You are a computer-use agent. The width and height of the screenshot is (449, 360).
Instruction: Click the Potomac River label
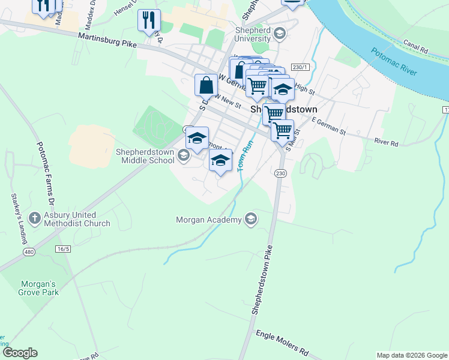[394, 62]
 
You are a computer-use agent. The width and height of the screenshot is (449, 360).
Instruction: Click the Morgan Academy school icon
[251, 220]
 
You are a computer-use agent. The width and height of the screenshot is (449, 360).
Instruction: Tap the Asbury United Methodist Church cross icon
[35, 219]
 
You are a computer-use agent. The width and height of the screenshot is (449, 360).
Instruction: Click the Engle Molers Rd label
[282, 343]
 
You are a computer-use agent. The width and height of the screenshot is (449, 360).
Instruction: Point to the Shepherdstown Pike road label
[264, 280]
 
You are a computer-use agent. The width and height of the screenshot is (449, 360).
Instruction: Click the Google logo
[20, 353]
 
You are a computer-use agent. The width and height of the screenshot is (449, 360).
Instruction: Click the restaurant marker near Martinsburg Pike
[148, 20]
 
